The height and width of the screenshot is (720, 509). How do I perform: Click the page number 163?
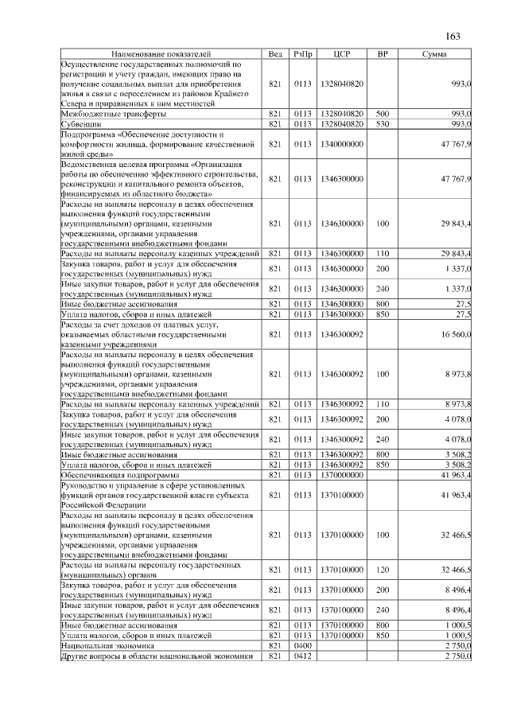click(453, 37)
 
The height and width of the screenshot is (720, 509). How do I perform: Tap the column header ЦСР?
click(343, 53)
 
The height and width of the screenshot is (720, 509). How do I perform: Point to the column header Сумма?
click(433, 53)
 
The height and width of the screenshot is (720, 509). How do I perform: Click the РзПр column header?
click(302, 53)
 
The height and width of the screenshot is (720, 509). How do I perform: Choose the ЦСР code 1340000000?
click(343, 145)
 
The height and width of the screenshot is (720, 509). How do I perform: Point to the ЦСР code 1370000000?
click(343, 474)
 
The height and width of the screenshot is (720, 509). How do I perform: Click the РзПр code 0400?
click(302, 647)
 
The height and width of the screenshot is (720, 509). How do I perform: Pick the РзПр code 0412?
click(302, 656)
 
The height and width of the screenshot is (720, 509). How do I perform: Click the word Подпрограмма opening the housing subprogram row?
click(87, 134)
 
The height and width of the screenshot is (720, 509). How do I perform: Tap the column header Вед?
click(275, 53)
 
